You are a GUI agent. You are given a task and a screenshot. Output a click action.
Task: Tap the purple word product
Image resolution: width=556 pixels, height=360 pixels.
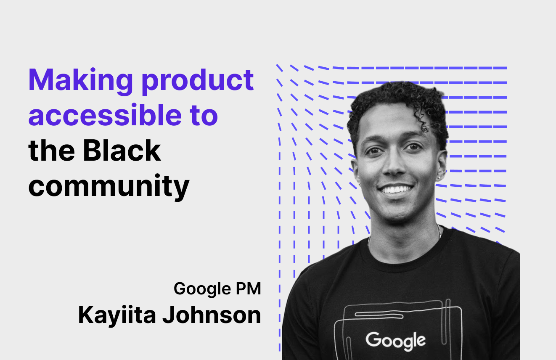[x=198, y=81]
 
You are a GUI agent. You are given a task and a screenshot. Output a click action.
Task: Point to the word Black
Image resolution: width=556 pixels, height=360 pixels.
[x=122, y=150]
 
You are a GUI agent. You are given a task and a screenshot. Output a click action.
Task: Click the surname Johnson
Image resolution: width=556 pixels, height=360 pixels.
[x=212, y=315]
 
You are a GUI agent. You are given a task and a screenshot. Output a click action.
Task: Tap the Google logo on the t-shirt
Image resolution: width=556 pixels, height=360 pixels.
[x=395, y=341]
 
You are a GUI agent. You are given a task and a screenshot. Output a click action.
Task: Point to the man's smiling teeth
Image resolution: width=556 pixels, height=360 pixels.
[x=395, y=189]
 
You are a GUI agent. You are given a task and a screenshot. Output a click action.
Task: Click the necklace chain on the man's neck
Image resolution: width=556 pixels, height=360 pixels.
[x=439, y=231]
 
